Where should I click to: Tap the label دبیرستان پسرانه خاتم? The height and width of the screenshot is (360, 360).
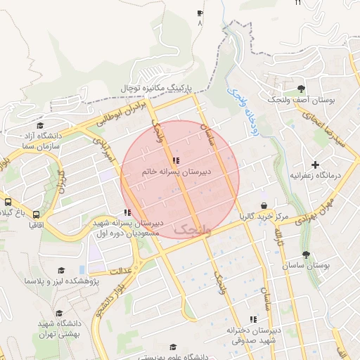point(174,171)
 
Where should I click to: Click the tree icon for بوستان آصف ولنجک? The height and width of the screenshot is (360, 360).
point(302,89)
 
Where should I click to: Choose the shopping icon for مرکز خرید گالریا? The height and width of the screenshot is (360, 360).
point(264,206)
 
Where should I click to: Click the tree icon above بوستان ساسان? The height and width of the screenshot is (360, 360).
point(305,255)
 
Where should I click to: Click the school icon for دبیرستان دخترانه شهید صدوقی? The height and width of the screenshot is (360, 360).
point(254,320)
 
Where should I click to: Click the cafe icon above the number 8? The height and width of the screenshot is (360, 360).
point(200,13)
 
